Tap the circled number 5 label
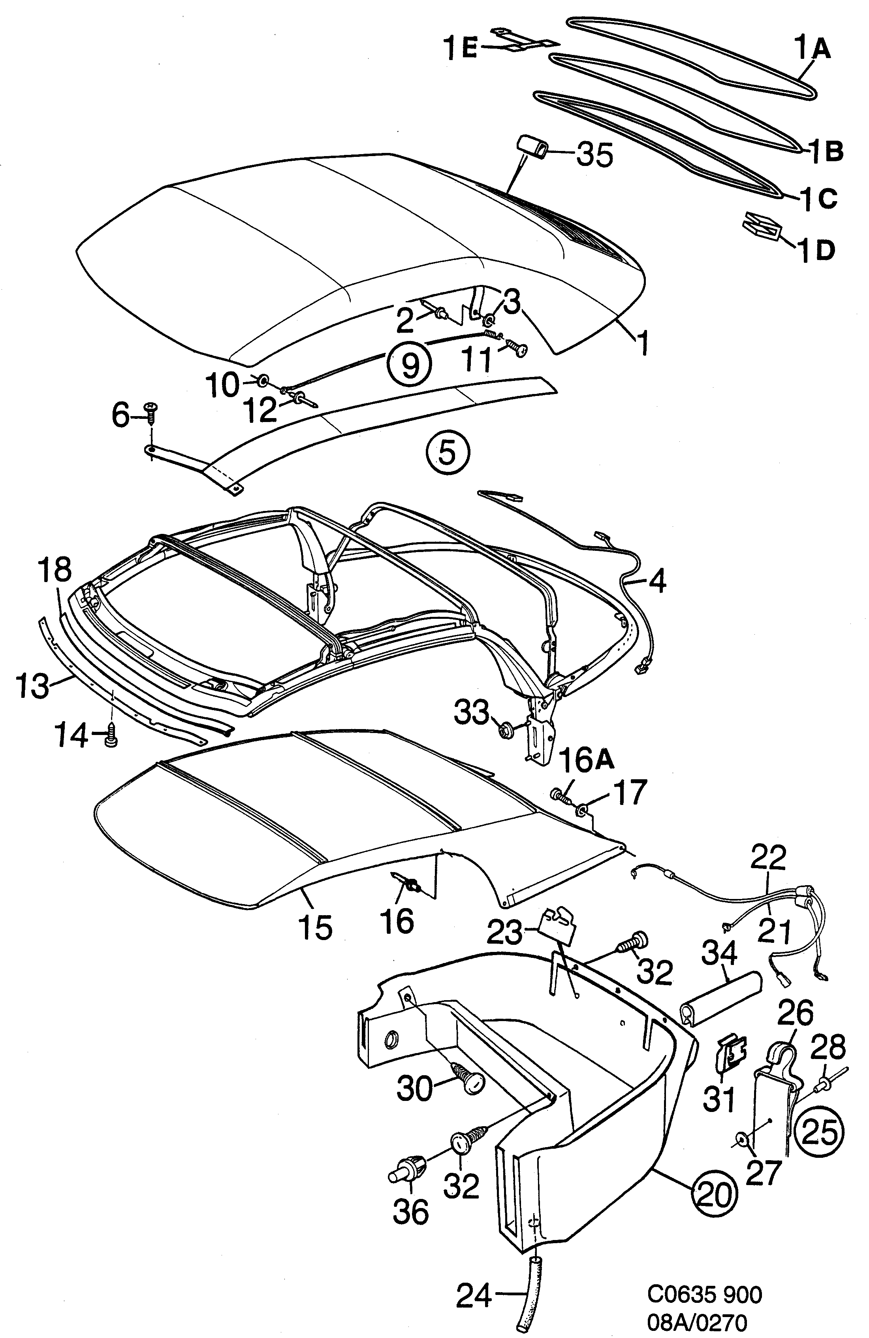[448, 452]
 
